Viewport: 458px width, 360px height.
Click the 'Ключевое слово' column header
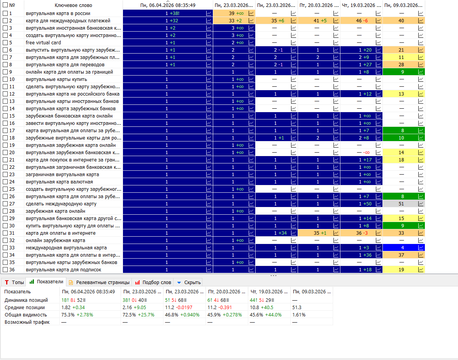coord(73,5)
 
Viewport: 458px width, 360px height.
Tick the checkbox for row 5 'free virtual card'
coord(5,43)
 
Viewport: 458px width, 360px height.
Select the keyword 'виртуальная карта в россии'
coord(58,13)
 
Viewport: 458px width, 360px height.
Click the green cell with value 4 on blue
coord(402,247)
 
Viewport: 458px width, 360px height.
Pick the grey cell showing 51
coord(401,204)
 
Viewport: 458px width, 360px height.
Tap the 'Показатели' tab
coord(46,282)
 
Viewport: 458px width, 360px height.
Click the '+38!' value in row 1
coord(174,13)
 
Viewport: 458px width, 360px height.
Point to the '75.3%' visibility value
coord(68,315)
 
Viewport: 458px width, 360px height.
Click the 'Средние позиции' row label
coord(25,308)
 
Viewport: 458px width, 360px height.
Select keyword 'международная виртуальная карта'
coord(66,247)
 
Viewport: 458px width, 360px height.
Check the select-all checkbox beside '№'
coord(5,5)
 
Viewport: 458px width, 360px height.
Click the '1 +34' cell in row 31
coord(280,233)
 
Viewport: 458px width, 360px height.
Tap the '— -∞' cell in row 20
coord(363,152)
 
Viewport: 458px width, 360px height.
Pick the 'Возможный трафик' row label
coord(27,322)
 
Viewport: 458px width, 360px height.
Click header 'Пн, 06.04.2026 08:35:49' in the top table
coord(168,5)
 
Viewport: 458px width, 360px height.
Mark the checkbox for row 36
coord(5,269)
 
